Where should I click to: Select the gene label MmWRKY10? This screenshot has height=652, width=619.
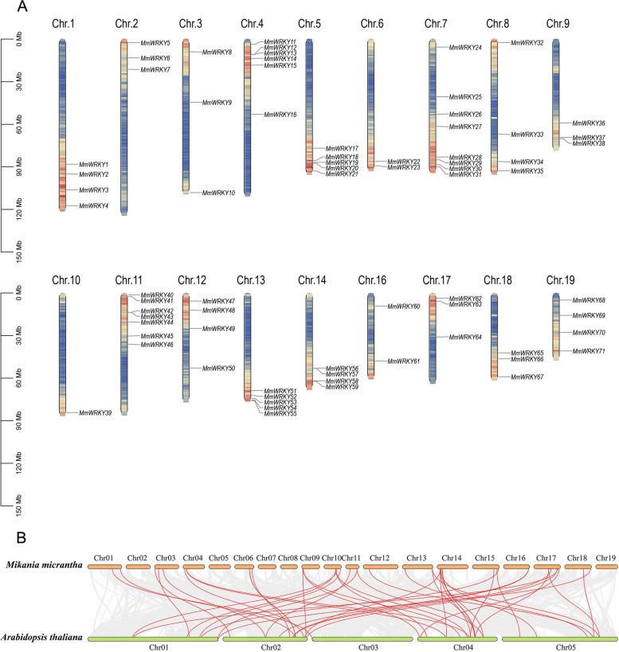(x=218, y=193)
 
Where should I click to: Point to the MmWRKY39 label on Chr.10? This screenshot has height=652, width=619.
(x=96, y=412)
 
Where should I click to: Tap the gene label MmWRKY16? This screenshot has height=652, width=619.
(x=280, y=115)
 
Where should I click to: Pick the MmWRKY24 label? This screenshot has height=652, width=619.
(x=465, y=48)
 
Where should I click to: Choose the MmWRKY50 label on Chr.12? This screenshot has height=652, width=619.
(x=218, y=369)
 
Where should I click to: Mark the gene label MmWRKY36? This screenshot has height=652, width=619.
(x=590, y=123)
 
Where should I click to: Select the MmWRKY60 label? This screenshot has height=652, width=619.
(x=404, y=306)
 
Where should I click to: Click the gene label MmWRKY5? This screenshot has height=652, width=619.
(x=155, y=42)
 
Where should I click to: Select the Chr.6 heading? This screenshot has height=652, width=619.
(x=372, y=24)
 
